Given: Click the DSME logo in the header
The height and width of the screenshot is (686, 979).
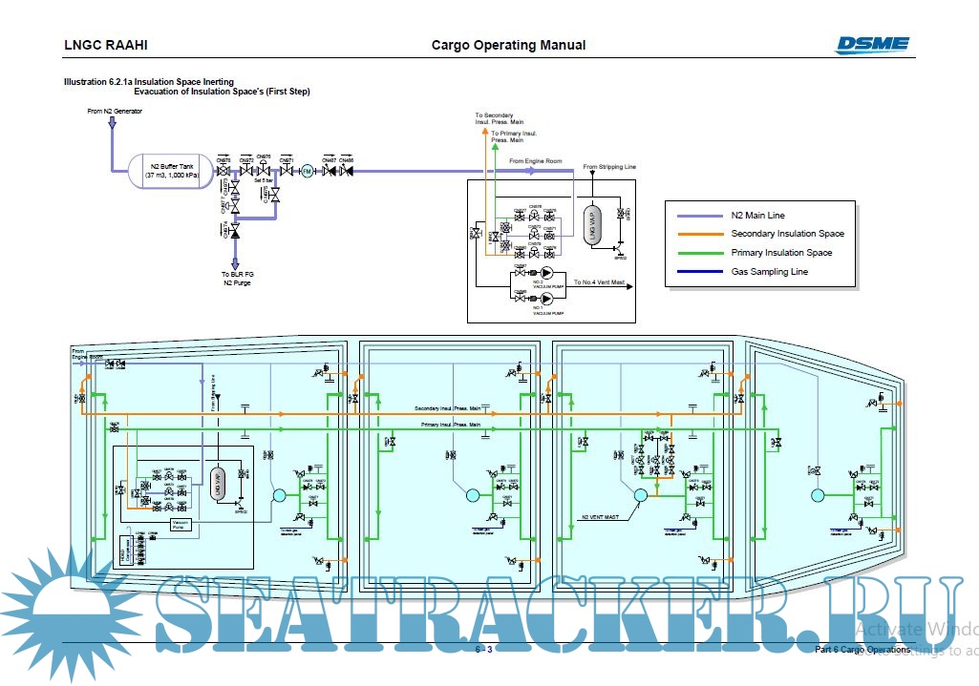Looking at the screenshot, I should tap(872, 45).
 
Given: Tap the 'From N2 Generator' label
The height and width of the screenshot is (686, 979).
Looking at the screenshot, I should tap(115, 112).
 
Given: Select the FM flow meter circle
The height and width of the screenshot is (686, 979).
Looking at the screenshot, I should tap(307, 172).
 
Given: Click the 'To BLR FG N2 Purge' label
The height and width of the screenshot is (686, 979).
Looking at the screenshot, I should tap(238, 278).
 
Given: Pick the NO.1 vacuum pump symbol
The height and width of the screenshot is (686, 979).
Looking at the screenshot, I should tap(547, 299).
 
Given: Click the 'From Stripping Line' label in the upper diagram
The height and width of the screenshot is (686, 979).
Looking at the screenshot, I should tap(609, 167).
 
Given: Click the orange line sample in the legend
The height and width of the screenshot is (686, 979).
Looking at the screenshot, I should tap(698, 234).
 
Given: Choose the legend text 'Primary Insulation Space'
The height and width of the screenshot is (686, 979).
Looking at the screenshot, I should tap(781, 253).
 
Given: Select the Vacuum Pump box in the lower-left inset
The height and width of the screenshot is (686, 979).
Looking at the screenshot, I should tap(183, 524).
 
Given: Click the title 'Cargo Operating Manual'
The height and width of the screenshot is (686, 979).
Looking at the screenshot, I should tap(508, 45).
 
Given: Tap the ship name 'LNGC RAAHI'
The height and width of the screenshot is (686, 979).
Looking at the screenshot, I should tap(106, 45).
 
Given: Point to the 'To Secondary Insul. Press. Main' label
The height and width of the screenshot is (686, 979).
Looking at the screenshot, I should tap(500, 118).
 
